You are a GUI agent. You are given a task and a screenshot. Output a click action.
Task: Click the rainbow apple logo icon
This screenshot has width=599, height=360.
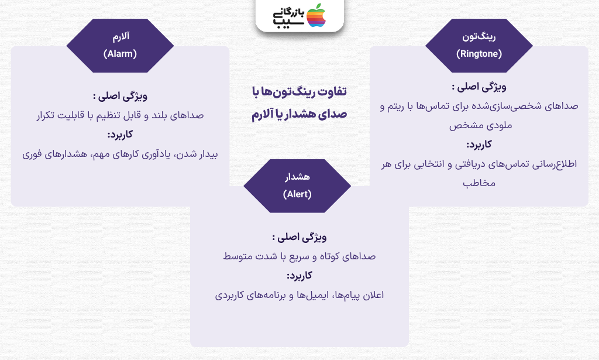[x=316, y=15]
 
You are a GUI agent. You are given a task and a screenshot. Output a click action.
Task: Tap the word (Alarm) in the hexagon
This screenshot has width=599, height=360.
[x=120, y=54]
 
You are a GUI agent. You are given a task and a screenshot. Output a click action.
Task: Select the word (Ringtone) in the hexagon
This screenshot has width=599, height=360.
[x=479, y=54]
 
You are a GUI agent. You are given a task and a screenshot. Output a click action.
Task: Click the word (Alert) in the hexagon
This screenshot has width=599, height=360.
[x=297, y=194]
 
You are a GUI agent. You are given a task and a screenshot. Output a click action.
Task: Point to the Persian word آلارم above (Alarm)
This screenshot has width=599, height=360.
[x=121, y=37]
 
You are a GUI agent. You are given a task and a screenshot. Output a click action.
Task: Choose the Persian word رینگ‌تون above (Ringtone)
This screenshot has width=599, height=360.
[x=479, y=37]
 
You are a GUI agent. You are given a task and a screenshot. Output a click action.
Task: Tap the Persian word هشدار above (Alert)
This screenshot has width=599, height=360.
[x=297, y=177]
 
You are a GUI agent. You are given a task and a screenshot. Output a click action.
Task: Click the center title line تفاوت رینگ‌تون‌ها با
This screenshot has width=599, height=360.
[x=299, y=92]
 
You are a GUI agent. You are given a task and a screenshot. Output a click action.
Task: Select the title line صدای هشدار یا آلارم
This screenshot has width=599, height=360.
[x=299, y=114]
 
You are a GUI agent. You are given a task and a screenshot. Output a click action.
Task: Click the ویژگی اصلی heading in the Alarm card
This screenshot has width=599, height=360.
[x=120, y=96]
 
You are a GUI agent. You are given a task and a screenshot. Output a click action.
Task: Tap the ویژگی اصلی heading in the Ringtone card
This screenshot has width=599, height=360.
[x=479, y=87]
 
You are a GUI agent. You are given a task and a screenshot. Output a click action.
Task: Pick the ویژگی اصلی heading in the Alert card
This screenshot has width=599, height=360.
[x=299, y=237]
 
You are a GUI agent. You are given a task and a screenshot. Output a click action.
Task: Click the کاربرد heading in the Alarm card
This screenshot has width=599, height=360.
[x=120, y=135]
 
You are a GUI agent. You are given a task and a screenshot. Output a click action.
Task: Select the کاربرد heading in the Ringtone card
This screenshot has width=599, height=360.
[x=479, y=145]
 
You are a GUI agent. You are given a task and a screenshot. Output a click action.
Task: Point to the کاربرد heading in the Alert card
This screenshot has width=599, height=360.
[x=299, y=276]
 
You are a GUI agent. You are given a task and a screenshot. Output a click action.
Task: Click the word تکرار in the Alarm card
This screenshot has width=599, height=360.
[x=45, y=115]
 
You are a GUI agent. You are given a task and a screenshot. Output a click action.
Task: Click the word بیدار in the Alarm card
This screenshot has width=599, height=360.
[x=208, y=155]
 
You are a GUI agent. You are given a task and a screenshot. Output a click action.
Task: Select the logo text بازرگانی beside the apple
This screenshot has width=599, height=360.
[x=289, y=13]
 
